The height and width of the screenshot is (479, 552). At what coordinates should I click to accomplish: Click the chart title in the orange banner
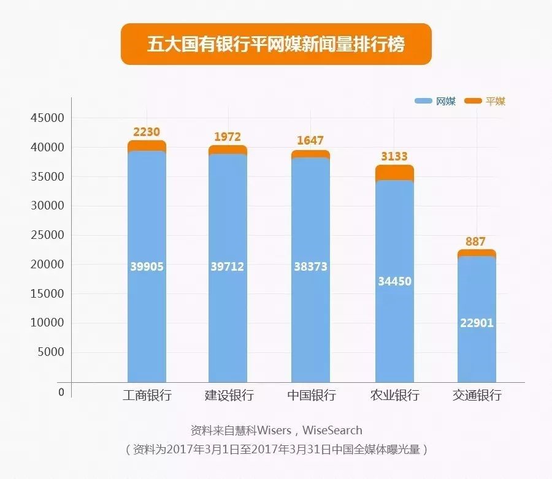coord(276,44)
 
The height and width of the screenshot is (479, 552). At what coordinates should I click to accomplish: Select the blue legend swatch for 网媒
coord(423,102)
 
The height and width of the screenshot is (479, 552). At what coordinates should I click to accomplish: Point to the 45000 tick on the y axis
coord(47,118)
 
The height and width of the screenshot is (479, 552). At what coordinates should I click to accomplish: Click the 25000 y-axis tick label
coord(47,235)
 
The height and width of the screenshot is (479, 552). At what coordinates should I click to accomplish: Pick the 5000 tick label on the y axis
coord(50,352)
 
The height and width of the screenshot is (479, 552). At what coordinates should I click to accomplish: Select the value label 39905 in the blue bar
coord(147,266)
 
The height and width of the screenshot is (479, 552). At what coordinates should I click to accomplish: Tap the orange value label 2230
coord(147,132)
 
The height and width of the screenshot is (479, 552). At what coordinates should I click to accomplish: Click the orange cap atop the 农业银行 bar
coord(394,172)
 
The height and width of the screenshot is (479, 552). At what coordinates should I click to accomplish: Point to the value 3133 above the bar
coord(394,156)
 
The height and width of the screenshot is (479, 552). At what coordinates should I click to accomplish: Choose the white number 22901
coord(477,323)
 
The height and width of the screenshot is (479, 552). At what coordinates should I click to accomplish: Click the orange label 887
coord(475,241)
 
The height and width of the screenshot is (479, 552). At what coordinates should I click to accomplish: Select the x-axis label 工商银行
coord(147,395)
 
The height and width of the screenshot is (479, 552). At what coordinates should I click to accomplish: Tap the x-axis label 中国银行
coord(312,395)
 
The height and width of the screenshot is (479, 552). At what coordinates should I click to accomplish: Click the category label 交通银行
coord(477,395)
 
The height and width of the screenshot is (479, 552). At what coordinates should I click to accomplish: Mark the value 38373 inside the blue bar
coord(311,266)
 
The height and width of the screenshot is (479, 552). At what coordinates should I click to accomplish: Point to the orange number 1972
coord(228,137)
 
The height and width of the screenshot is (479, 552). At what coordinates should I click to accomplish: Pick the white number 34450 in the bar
coord(394,282)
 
